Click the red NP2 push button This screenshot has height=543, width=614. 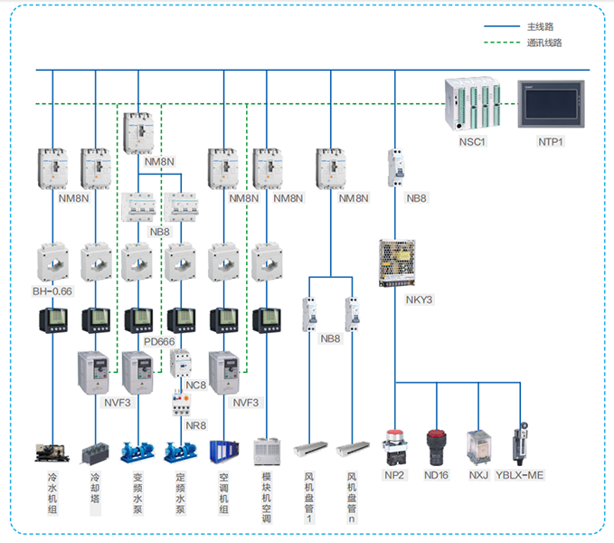coord(394,444)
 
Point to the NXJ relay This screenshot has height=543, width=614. coord(478,446)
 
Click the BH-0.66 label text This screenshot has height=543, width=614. coord(52,291)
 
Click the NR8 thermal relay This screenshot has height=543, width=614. coord(181,401)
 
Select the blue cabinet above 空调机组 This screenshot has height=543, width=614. coord(223,452)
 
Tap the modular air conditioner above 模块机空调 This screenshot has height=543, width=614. coord(268,452)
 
